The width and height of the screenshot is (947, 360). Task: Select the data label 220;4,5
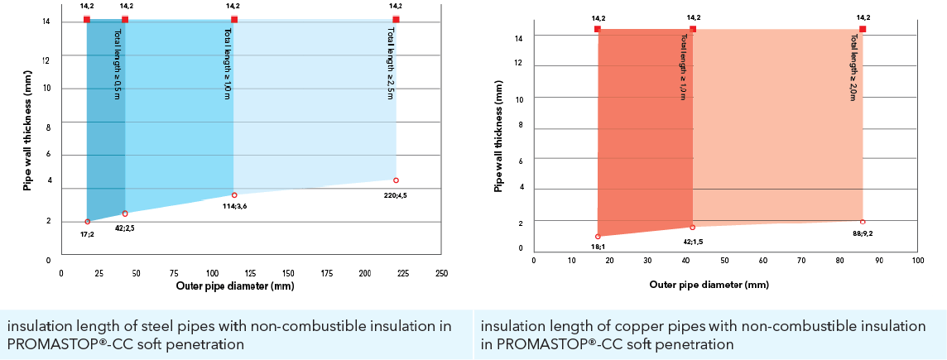[x=395, y=196]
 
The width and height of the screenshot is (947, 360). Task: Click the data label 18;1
[x=598, y=247]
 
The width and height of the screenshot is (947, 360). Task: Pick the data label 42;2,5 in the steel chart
[x=125, y=228]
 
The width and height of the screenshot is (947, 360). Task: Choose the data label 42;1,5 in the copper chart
[x=692, y=240]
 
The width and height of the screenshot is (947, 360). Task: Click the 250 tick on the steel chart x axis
[x=441, y=272]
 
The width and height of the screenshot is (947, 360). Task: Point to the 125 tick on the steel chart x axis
[x=251, y=272]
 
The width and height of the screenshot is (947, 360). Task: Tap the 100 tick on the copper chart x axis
[x=917, y=260]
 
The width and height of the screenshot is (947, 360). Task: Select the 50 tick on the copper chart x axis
[x=725, y=260]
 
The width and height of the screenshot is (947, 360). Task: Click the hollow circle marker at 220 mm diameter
[x=396, y=180]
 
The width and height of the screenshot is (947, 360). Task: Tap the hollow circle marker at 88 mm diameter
[x=863, y=221]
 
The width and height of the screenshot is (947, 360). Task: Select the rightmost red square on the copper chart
[x=863, y=29]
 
